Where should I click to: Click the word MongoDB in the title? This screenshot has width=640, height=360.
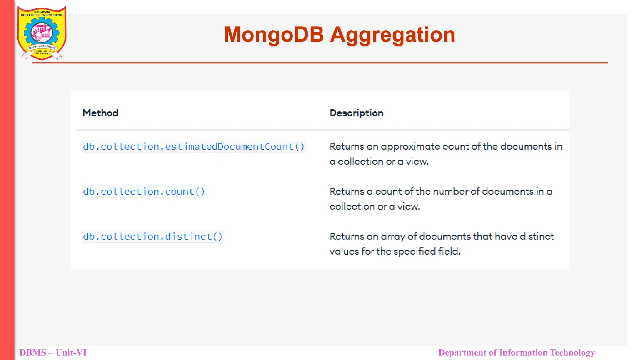pyautogui.click(x=274, y=34)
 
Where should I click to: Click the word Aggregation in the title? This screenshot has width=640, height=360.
pyautogui.click(x=392, y=35)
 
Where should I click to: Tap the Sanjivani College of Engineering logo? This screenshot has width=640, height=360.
pyautogui.click(x=42, y=32)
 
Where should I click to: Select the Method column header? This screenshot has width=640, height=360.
pyautogui.click(x=100, y=113)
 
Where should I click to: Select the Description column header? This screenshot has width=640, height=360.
pyautogui.click(x=356, y=113)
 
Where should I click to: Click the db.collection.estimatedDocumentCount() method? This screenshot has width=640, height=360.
pyautogui.click(x=194, y=147)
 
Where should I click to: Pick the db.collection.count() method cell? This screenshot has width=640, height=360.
pyautogui.click(x=144, y=192)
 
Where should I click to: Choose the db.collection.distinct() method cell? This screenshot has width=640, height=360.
pyautogui.click(x=153, y=237)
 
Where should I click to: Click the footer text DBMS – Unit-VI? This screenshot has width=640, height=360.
pyautogui.click(x=53, y=352)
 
